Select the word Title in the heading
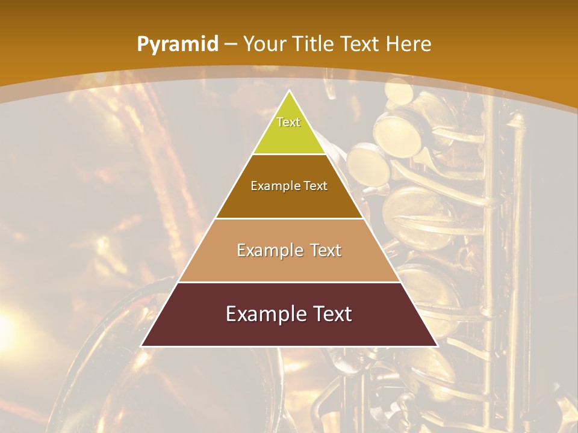(314, 44)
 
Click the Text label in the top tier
(288, 122)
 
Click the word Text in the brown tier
(315, 186)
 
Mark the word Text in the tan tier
(326, 250)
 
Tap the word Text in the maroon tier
(332, 314)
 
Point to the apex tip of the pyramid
(290, 91)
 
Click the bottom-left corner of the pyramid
(142, 346)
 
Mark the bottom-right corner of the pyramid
(437, 346)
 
